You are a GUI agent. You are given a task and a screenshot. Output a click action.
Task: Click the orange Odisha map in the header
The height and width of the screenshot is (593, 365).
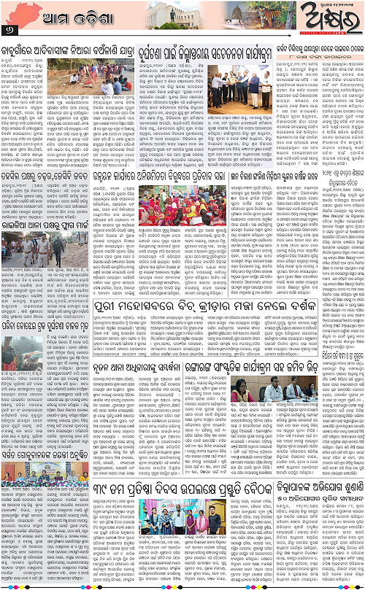point(22,12)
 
